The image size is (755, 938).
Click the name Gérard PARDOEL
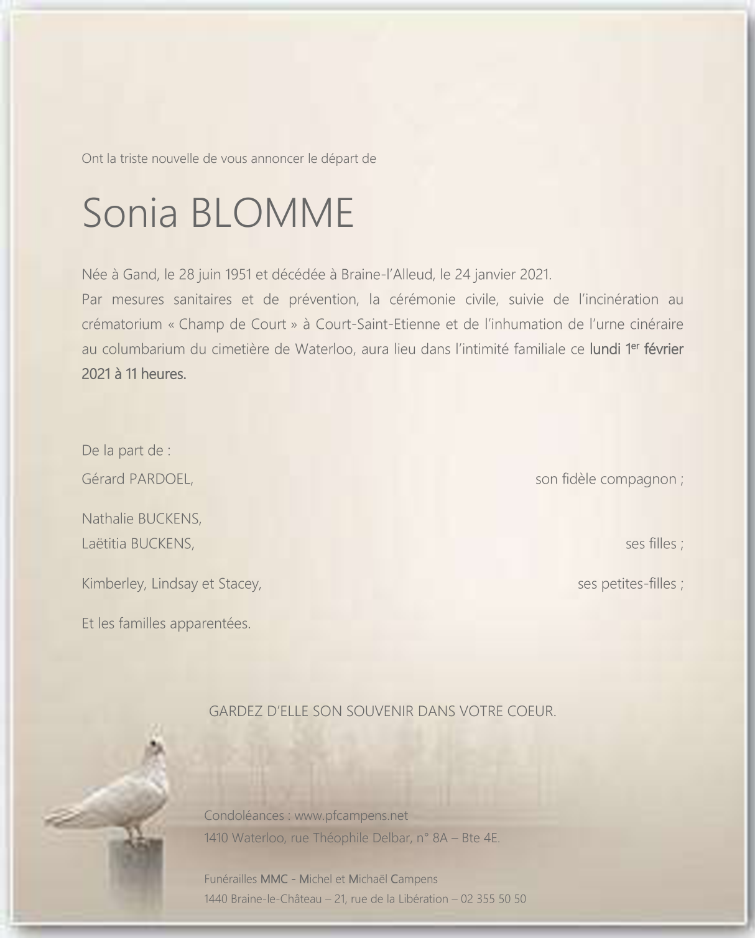[x=137, y=479]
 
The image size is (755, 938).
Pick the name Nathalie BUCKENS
[x=142, y=518]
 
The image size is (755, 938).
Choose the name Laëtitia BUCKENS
[x=138, y=543]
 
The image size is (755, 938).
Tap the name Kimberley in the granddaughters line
[x=113, y=584]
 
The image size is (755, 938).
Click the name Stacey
[x=239, y=584]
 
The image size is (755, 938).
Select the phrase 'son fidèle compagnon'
[x=606, y=479]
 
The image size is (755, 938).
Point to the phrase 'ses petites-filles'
[x=627, y=584]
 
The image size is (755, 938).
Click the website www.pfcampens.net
[x=351, y=815]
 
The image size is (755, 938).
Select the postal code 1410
[x=216, y=838]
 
